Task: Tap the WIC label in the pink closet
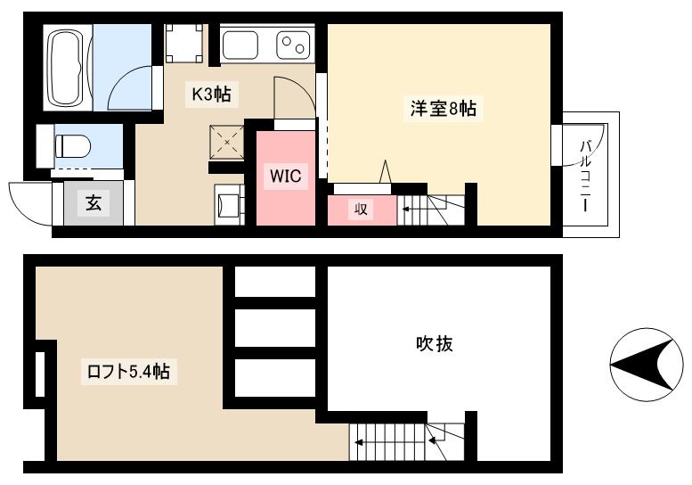coord(286,177)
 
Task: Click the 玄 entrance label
coord(93,203)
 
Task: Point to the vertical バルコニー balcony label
coord(586,176)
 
